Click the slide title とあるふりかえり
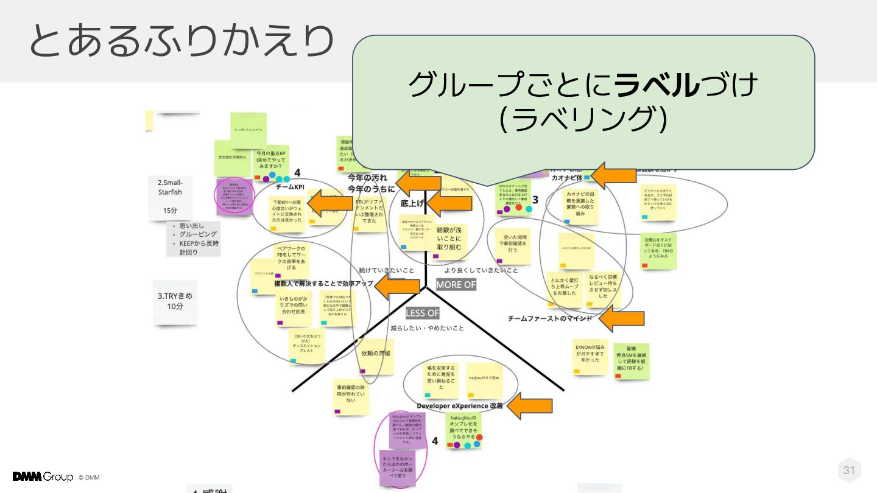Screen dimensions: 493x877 [x=181, y=41]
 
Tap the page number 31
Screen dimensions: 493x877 [x=849, y=470]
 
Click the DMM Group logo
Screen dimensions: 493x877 [x=43, y=477]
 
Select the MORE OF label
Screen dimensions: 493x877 [x=456, y=285]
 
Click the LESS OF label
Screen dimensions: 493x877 [x=422, y=313]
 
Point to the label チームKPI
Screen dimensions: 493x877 [x=290, y=187]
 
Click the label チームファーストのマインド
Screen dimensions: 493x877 [x=549, y=318]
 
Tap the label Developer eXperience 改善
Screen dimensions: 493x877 [x=460, y=406]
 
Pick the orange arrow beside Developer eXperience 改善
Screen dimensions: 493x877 [x=530, y=406]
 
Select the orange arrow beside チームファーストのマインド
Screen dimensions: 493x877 [x=621, y=318]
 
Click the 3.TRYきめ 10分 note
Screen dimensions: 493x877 [x=175, y=301]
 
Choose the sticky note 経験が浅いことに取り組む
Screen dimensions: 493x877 [x=449, y=239]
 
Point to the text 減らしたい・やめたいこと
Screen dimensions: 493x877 [x=427, y=328]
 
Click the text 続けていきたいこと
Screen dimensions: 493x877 [x=386, y=270]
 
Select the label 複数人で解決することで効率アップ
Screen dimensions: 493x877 [x=323, y=284]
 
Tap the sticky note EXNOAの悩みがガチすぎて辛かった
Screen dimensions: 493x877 [x=590, y=355]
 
